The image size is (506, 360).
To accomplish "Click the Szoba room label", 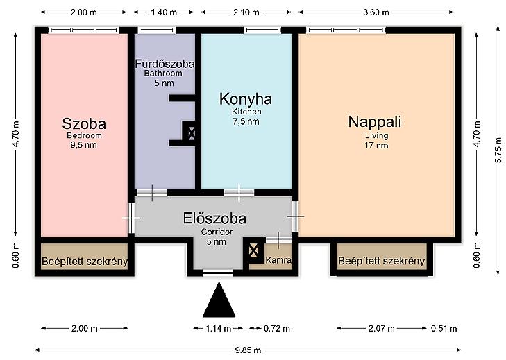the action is coord(84,124).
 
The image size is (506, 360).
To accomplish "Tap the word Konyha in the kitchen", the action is coord(246,99).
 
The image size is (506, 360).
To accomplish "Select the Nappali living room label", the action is coord(375,122).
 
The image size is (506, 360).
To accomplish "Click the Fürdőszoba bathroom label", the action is coord(165,64).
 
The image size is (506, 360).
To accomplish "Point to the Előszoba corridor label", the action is coord(214,218).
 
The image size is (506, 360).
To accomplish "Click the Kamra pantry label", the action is coord(278,260).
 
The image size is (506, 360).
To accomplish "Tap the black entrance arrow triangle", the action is coord(219,300).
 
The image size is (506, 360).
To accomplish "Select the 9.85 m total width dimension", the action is coord(248,350).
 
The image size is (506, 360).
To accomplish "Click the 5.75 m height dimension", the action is coord(498,151).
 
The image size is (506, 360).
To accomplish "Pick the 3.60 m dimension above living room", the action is coord(376,12).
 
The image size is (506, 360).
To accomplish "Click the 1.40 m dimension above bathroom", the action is coord(164,12).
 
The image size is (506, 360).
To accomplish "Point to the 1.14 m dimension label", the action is coord(218,328).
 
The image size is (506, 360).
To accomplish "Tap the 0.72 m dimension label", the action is coord(276,328).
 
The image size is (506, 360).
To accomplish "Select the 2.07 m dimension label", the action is coord(382,328).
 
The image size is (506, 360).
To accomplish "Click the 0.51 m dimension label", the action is coord(444,328).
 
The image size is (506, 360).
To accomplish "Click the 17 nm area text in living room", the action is coord(376,146).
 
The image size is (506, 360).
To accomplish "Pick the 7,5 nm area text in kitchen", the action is coord(246,121).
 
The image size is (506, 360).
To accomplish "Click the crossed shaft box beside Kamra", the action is coord(253,250).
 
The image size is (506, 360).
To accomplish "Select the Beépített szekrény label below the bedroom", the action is coord(85,261).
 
